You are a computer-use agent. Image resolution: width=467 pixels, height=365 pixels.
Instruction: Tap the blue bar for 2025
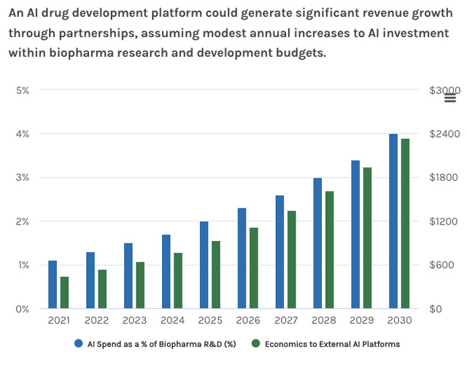click(204, 264)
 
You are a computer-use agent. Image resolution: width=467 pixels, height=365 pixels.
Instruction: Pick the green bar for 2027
click(291, 259)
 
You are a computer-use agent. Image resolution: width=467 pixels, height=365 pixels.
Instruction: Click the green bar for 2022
click(102, 289)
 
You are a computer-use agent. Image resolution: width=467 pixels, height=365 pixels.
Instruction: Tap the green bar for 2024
click(178, 280)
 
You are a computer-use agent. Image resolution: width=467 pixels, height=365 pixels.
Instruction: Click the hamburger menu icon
click(450, 98)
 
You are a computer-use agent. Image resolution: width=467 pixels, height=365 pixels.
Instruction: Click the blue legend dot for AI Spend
click(78, 343)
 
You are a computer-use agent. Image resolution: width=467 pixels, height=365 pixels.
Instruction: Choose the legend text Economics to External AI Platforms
click(331, 344)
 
